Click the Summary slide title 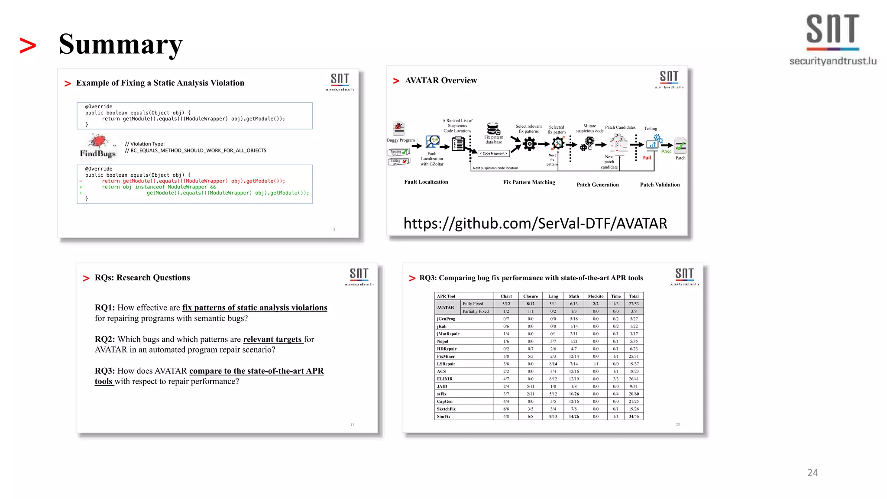(x=120, y=44)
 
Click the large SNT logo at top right (x=832, y=29)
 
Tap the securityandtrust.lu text (x=832, y=61)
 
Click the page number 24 (x=813, y=473)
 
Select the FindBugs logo (x=98, y=146)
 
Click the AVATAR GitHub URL (x=535, y=224)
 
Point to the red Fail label (x=647, y=158)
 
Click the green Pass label (x=666, y=152)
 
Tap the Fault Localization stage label (x=426, y=182)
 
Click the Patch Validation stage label (x=660, y=185)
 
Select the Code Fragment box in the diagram (x=493, y=153)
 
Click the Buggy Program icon (x=399, y=129)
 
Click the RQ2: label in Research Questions (x=105, y=339)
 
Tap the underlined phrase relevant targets (x=272, y=339)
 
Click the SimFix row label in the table (x=443, y=416)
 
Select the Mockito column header (x=596, y=296)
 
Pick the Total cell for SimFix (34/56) (x=634, y=416)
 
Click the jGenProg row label (x=446, y=319)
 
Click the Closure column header (x=531, y=296)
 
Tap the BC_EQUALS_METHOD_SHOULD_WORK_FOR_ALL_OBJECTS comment (x=198, y=151)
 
